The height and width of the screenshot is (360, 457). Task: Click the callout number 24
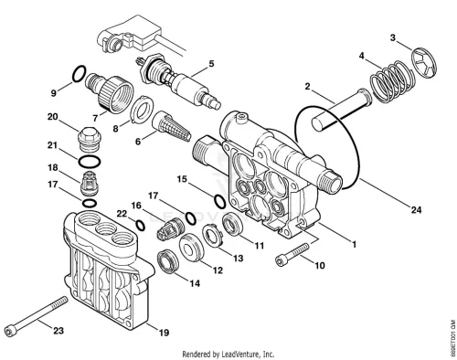(x=416, y=210)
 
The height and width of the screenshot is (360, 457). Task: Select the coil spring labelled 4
(x=393, y=81)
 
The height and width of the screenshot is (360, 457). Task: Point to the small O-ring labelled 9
(x=79, y=74)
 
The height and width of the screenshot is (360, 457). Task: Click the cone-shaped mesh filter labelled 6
(x=171, y=126)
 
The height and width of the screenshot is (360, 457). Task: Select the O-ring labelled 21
(x=90, y=162)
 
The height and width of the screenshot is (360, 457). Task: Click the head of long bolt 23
(x=9, y=331)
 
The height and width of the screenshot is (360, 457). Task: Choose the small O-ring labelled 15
(x=219, y=202)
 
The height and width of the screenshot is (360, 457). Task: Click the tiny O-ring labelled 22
(x=141, y=226)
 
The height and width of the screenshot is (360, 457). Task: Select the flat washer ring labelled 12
(x=192, y=248)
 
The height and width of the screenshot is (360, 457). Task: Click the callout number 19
(x=164, y=333)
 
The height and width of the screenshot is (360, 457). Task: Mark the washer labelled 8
(x=143, y=110)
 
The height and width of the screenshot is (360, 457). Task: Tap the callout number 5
(x=211, y=63)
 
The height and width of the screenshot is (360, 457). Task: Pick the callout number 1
(x=354, y=244)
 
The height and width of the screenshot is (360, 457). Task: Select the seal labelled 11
(x=233, y=226)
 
